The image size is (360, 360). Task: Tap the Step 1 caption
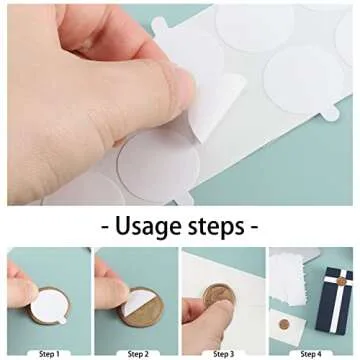[47, 353]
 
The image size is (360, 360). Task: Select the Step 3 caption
[223, 353]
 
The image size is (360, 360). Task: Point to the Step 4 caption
[310, 353]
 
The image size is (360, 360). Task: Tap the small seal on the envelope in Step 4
[284, 325]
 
